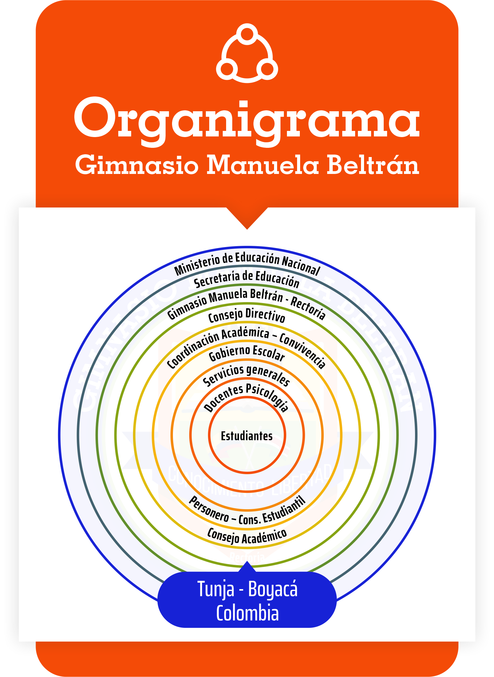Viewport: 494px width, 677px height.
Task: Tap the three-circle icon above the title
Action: (x=247, y=53)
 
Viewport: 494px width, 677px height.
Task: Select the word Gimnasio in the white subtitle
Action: (x=137, y=165)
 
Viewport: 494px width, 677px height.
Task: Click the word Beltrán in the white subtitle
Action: (x=373, y=165)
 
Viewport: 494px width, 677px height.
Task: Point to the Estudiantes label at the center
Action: (x=247, y=436)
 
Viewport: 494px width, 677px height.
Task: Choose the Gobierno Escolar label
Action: (x=247, y=352)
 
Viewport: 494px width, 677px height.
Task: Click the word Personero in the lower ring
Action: (x=209, y=510)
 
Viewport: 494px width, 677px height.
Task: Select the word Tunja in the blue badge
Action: (x=216, y=589)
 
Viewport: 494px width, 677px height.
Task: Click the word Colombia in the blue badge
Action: (x=247, y=613)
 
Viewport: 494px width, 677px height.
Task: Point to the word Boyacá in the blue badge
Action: (x=273, y=589)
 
